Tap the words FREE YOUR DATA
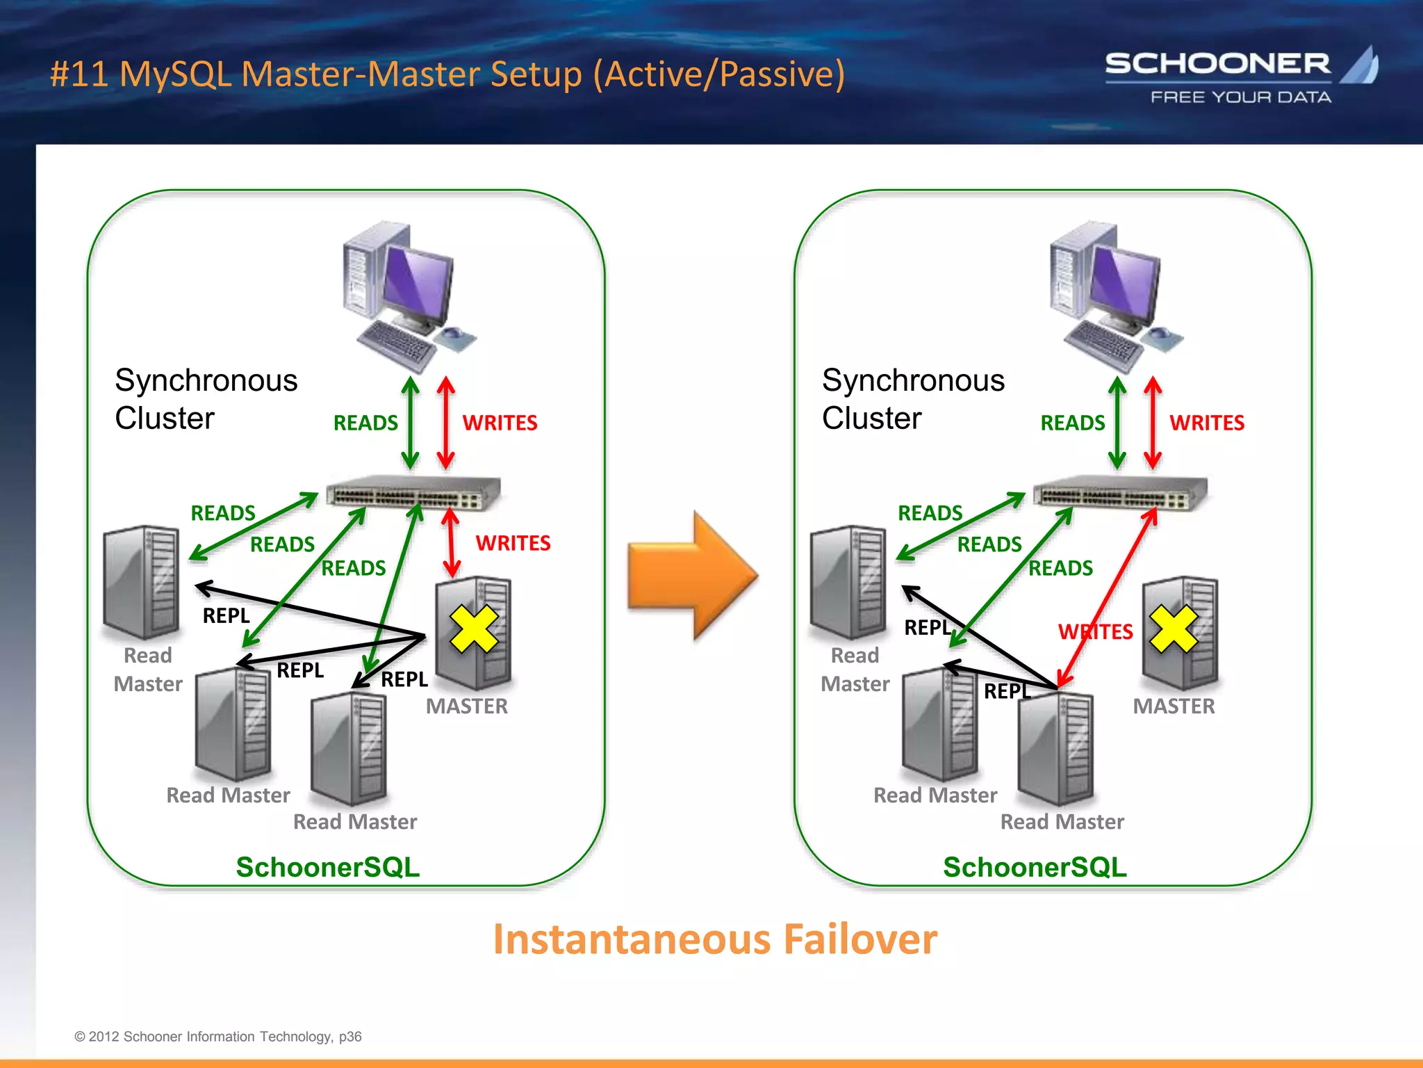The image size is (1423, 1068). [1241, 97]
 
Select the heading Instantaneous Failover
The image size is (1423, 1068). [715, 939]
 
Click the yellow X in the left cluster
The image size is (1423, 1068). [474, 629]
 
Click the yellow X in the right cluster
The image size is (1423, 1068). [1174, 629]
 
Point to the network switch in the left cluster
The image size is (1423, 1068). [414, 493]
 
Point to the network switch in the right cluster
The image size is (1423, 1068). [1121, 493]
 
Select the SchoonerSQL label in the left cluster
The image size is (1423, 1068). [328, 867]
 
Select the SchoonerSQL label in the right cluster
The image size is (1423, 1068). [1035, 867]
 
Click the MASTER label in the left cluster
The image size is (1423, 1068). [467, 706]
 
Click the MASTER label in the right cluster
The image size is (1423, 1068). [1174, 706]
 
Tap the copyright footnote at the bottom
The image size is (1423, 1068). [218, 1037]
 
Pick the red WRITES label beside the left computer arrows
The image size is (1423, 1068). [500, 423]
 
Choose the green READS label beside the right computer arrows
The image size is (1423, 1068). [1072, 423]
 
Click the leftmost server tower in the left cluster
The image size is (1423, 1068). [142, 582]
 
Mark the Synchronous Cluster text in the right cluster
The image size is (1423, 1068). [912, 399]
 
